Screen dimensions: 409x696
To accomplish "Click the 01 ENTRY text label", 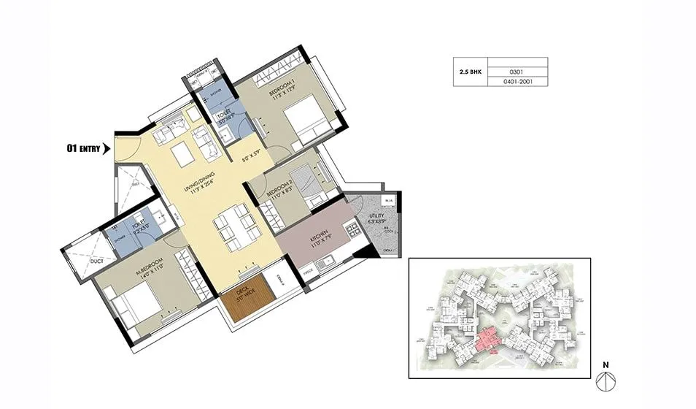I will [83, 149].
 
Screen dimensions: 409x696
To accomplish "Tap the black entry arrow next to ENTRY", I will [107, 149].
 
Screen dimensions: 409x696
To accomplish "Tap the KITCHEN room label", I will [317, 238].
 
